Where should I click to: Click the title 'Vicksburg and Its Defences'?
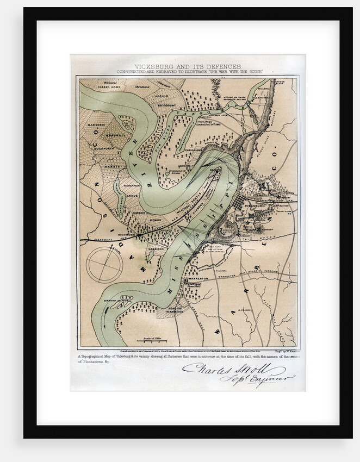click(188, 66)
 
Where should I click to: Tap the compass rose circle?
click(104, 264)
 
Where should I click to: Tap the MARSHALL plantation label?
click(116, 136)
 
